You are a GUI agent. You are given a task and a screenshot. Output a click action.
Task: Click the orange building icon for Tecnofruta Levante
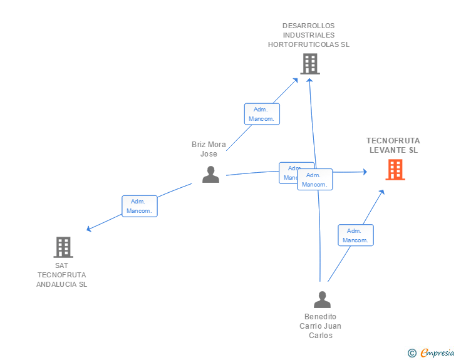coord(395,170)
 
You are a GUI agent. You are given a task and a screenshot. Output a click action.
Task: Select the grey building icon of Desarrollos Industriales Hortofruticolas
coord(309,64)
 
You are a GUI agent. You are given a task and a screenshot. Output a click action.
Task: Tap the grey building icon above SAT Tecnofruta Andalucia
coord(63,247)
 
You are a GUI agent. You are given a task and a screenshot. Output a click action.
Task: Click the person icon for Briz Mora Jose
coord(210,175)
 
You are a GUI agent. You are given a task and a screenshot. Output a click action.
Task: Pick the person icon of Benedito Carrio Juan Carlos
coord(322,300)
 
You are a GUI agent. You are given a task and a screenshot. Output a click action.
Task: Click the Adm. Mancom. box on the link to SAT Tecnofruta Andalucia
coord(139,206)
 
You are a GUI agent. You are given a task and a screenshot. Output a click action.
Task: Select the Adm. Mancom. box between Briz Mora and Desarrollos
coord(262,114)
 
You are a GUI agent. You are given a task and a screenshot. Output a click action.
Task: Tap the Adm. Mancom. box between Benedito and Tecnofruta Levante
coord(356,235)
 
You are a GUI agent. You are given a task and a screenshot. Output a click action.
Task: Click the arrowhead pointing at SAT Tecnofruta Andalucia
coord(89,230)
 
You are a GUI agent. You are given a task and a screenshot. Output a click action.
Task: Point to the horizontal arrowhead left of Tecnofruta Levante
coord(364,172)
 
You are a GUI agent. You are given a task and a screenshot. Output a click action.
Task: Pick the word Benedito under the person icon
coord(320,317)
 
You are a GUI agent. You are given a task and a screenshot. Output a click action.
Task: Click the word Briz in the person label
coord(199,145)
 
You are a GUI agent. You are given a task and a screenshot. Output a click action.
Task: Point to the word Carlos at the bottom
coord(320,336)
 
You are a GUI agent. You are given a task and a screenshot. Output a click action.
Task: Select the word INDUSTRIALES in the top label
coord(308,35)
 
